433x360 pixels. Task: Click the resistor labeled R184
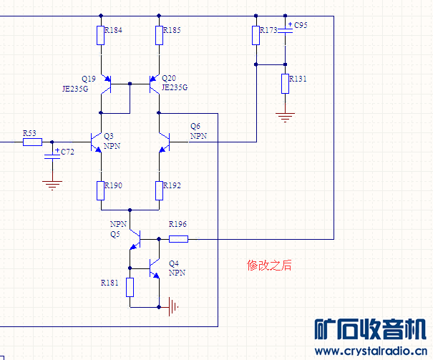coord(100,35)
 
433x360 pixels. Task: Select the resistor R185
coord(159,35)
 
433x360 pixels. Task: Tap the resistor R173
coord(256,35)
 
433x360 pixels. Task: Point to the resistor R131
coord(285,83)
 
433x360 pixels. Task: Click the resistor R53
coord(32,142)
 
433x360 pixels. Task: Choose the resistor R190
coord(101,190)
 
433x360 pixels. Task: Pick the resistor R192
coord(159,190)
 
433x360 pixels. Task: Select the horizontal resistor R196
coord(178,238)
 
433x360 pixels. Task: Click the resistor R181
coord(130,287)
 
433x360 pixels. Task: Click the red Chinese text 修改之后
coord(269,265)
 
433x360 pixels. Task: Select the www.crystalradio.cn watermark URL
coord(370,351)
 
